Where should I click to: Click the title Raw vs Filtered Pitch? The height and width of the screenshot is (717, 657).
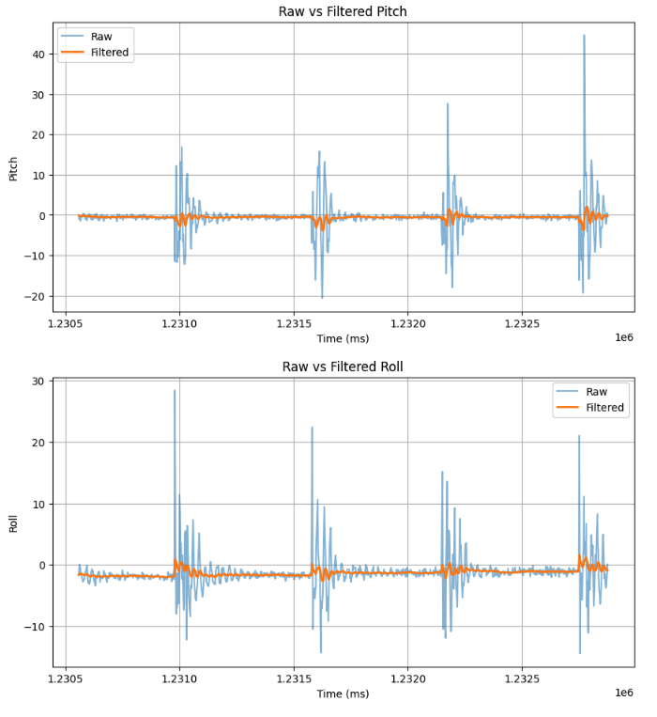tap(343, 11)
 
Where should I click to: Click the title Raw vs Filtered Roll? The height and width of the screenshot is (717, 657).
tap(343, 366)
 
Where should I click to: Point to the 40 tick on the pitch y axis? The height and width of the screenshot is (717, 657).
tap(39, 55)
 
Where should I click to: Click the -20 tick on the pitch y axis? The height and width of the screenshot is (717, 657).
tap(36, 296)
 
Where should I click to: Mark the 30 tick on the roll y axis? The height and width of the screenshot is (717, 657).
tap(39, 382)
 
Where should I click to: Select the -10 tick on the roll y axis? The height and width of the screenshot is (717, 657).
tap(36, 627)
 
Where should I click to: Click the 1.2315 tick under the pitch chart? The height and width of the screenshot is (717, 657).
tap(294, 324)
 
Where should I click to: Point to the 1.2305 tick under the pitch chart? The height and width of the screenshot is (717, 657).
tap(65, 324)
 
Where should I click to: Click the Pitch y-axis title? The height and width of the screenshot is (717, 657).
tap(13, 168)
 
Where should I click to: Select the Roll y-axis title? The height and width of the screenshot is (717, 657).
tap(13, 522)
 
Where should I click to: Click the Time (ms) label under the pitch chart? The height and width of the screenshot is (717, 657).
tap(343, 338)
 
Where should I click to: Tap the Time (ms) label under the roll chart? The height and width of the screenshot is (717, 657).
tap(343, 694)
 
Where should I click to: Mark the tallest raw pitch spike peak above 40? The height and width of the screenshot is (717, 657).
tap(584, 36)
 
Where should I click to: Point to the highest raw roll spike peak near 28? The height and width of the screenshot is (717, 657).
tap(175, 391)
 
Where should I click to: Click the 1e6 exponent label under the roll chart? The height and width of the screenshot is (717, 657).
tap(624, 693)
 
